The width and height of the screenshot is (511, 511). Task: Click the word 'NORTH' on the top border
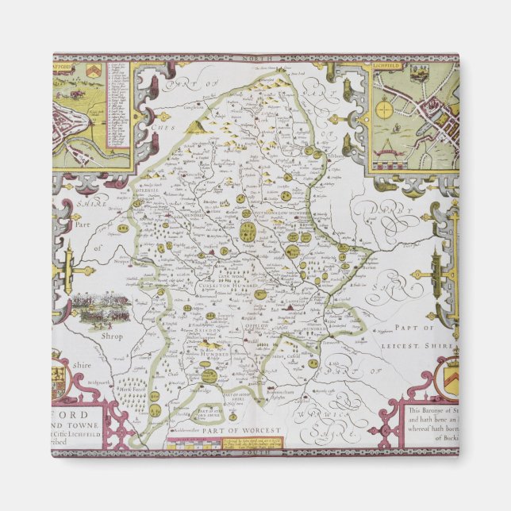click(x=255, y=58)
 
